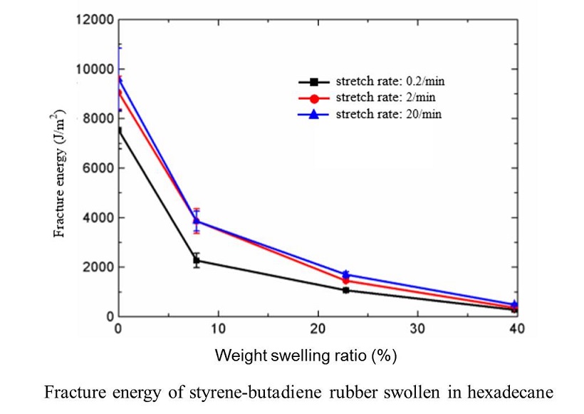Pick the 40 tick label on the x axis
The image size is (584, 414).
pyautogui.click(x=517, y=329)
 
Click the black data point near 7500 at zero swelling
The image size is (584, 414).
pyautogui.click(x=119, y=130)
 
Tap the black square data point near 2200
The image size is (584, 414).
pyautogui.click(x=197, y=261)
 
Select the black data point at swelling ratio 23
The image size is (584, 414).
pyautogui.click(x=345, y=290)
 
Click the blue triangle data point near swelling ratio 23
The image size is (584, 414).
pyautogui.click(x=346, y=274)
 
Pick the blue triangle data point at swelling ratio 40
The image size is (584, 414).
pyautogui.click(x=515, y=304)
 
